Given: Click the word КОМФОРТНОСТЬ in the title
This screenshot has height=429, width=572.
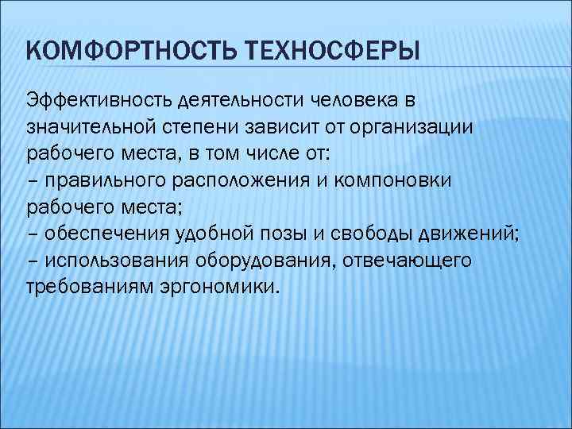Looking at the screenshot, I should click(x=126, y=53).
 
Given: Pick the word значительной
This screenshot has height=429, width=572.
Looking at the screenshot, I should click(x=95, y=127).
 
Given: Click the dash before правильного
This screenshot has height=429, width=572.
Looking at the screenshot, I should click(x=31, y=180).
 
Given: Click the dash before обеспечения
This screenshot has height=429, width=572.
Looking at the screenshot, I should click(x=31, y=233).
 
